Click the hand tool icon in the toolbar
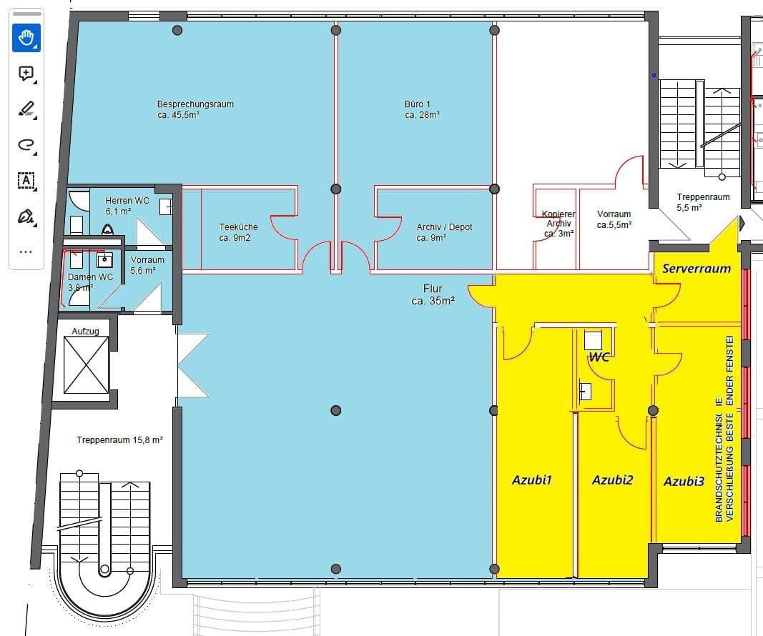click(x=26, y=38)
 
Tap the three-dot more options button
click(x=26, y=252)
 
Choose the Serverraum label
click(x=696, y=269)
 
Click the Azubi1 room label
click(x=531, y=480)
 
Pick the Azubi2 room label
click(x=612, y=480)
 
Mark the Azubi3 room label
click(x=684, y=481)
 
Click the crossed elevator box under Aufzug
click(x=86, y=364)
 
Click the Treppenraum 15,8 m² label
click(x=119, y=440)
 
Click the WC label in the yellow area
click(x=599, y=357)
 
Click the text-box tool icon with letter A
click(x=26, y=180)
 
